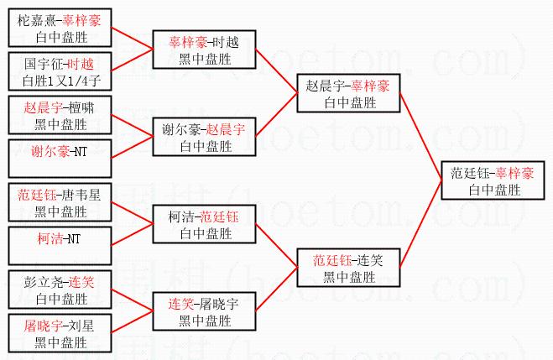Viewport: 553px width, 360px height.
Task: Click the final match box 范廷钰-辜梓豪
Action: click(492, 182)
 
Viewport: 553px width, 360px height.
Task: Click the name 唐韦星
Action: click(83, 195)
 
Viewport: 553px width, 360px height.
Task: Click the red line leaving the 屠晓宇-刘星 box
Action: click(134, 320)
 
